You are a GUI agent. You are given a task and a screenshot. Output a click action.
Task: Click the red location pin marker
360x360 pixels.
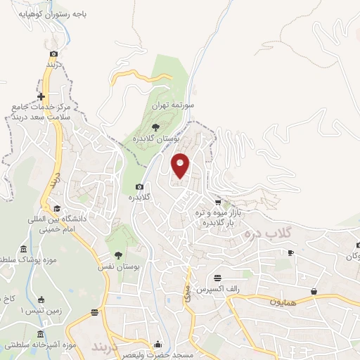[x=181, y=165]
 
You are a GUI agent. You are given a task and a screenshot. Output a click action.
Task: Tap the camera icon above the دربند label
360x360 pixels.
[x=54, y=53]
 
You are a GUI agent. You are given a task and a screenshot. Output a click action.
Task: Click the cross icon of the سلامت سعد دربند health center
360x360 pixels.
[x=41, y=96]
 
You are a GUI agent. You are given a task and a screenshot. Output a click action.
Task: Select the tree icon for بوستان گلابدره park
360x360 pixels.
[x=155, y=127]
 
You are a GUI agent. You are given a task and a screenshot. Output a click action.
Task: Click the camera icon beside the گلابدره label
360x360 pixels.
[x=140, y=186]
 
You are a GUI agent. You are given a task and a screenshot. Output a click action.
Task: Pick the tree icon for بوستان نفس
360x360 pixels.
[x=117, y=256]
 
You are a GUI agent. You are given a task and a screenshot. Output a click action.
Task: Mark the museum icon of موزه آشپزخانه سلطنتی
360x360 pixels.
[x=39, y=333]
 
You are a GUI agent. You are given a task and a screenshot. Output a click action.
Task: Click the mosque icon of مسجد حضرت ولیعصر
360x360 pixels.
[x=158, y=345]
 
